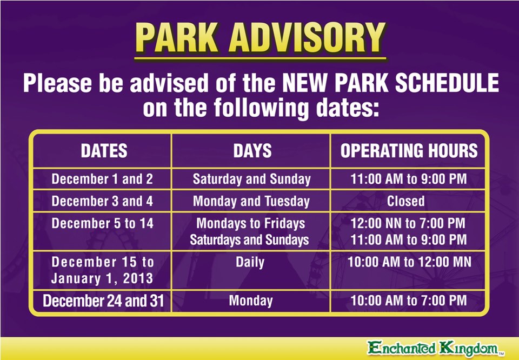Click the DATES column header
pyautogui.click(x=104, y=151)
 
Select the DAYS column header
pyautogui.click(x=252, y=151)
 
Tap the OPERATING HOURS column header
pyautogui.click(x=409, y=151)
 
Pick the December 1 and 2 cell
pyautogui.click(x=102, y=179)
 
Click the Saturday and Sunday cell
pyautogui.click(x=251, y=179)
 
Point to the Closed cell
pyautogui.click(x=405, y=202)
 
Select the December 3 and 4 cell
pyautogui.click(x=102, y=202)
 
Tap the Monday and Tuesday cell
pyautogui.click(x=251, y=202)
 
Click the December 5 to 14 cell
pyautogui.click(x=102, y=223)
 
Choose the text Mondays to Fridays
pyautogui.click(x=250, y=223)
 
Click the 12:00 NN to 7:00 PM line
pyautogui.click(x=408, y=223)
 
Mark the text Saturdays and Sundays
pyautogui.click(x=249, y=239)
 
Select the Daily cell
pyautogui.click(x=250, y=262)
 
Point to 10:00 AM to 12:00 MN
pyautogui.click(x=409, y=262)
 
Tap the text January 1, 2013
pyautogui.click(x=102, y=279)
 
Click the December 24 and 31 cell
pyautogui.click(x=103, y=301)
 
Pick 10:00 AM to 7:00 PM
pyautogui.click(x=408, y=301)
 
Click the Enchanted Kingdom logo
pyautogui.click(x=435, y=348)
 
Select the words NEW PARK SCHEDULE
pyautogui.click(x=390, y=84)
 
